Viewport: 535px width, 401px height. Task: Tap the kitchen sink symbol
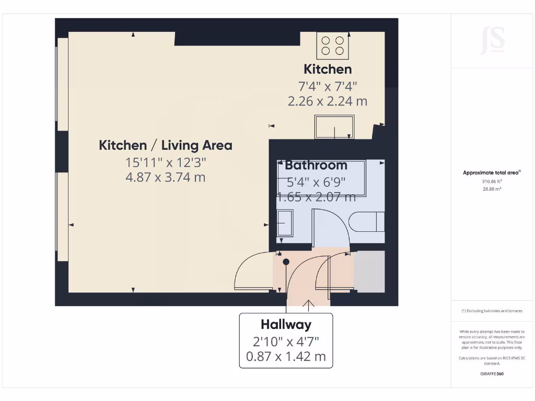(x=334, y=127)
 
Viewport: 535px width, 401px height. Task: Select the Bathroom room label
(x=316, y=166)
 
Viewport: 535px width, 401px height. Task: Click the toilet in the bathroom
(x=368, y=222)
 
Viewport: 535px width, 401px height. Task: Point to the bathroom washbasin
(x=285, y=222)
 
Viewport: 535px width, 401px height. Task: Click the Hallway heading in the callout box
(x=286, y=325)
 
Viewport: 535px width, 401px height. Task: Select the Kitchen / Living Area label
(x=166, y=145)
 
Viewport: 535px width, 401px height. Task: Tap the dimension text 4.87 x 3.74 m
(x=166, y=178)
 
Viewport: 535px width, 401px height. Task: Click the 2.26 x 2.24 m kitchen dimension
(x=328, y=101)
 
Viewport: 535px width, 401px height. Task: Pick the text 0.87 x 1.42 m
(x=286, y=357)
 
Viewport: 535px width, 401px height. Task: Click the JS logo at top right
(x=492, y=41)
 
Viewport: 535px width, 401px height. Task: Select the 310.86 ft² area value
(x=492, y=182)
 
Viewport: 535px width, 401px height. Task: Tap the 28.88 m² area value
(x=492, y=189)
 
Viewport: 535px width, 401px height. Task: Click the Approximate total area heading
(x=492, y=173)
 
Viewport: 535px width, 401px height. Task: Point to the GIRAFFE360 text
(x=492, y=374)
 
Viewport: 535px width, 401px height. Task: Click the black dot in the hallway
(x=286, y=262)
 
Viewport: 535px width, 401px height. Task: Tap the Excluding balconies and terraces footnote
(x=492, y=311)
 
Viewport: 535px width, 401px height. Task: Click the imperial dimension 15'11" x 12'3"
(x=166, y=162)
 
